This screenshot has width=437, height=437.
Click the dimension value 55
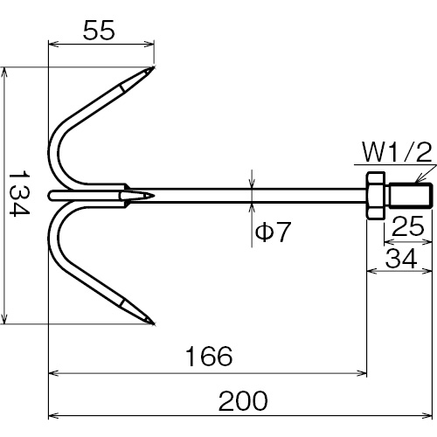(x=99, y=31)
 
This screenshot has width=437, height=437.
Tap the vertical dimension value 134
(x=19, y=194)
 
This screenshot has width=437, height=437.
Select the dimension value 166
(x=209, y=356)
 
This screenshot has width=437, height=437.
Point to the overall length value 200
(x=243, y=400)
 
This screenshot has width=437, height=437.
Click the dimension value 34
(x=401, y=259)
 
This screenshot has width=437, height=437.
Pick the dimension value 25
(x=408, y=225)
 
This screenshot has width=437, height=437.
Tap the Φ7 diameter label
(x=273, y=232)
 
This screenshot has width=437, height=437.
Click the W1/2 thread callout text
(x=397, y=152)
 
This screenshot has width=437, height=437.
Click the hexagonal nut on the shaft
(x=375, y=196)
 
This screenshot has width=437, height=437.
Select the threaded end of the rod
(x=410, y=195)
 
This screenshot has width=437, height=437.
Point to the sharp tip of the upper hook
(x=153, y=67)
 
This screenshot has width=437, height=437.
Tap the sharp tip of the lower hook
(x=154, y=323)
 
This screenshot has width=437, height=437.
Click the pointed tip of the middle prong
(x=153, y=196)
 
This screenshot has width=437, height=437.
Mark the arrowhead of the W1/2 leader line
(x=417, y=180)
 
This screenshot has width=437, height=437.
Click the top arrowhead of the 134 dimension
(x=3, y=72)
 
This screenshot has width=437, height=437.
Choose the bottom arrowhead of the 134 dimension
(x=3, y=319)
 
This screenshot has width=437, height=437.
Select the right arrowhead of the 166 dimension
(x=362, y=373)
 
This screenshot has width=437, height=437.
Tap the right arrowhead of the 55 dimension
(x=149, y=44)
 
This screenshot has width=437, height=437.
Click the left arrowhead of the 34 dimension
(x=371, y=271)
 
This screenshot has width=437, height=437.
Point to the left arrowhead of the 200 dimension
(x=53, y=415)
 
